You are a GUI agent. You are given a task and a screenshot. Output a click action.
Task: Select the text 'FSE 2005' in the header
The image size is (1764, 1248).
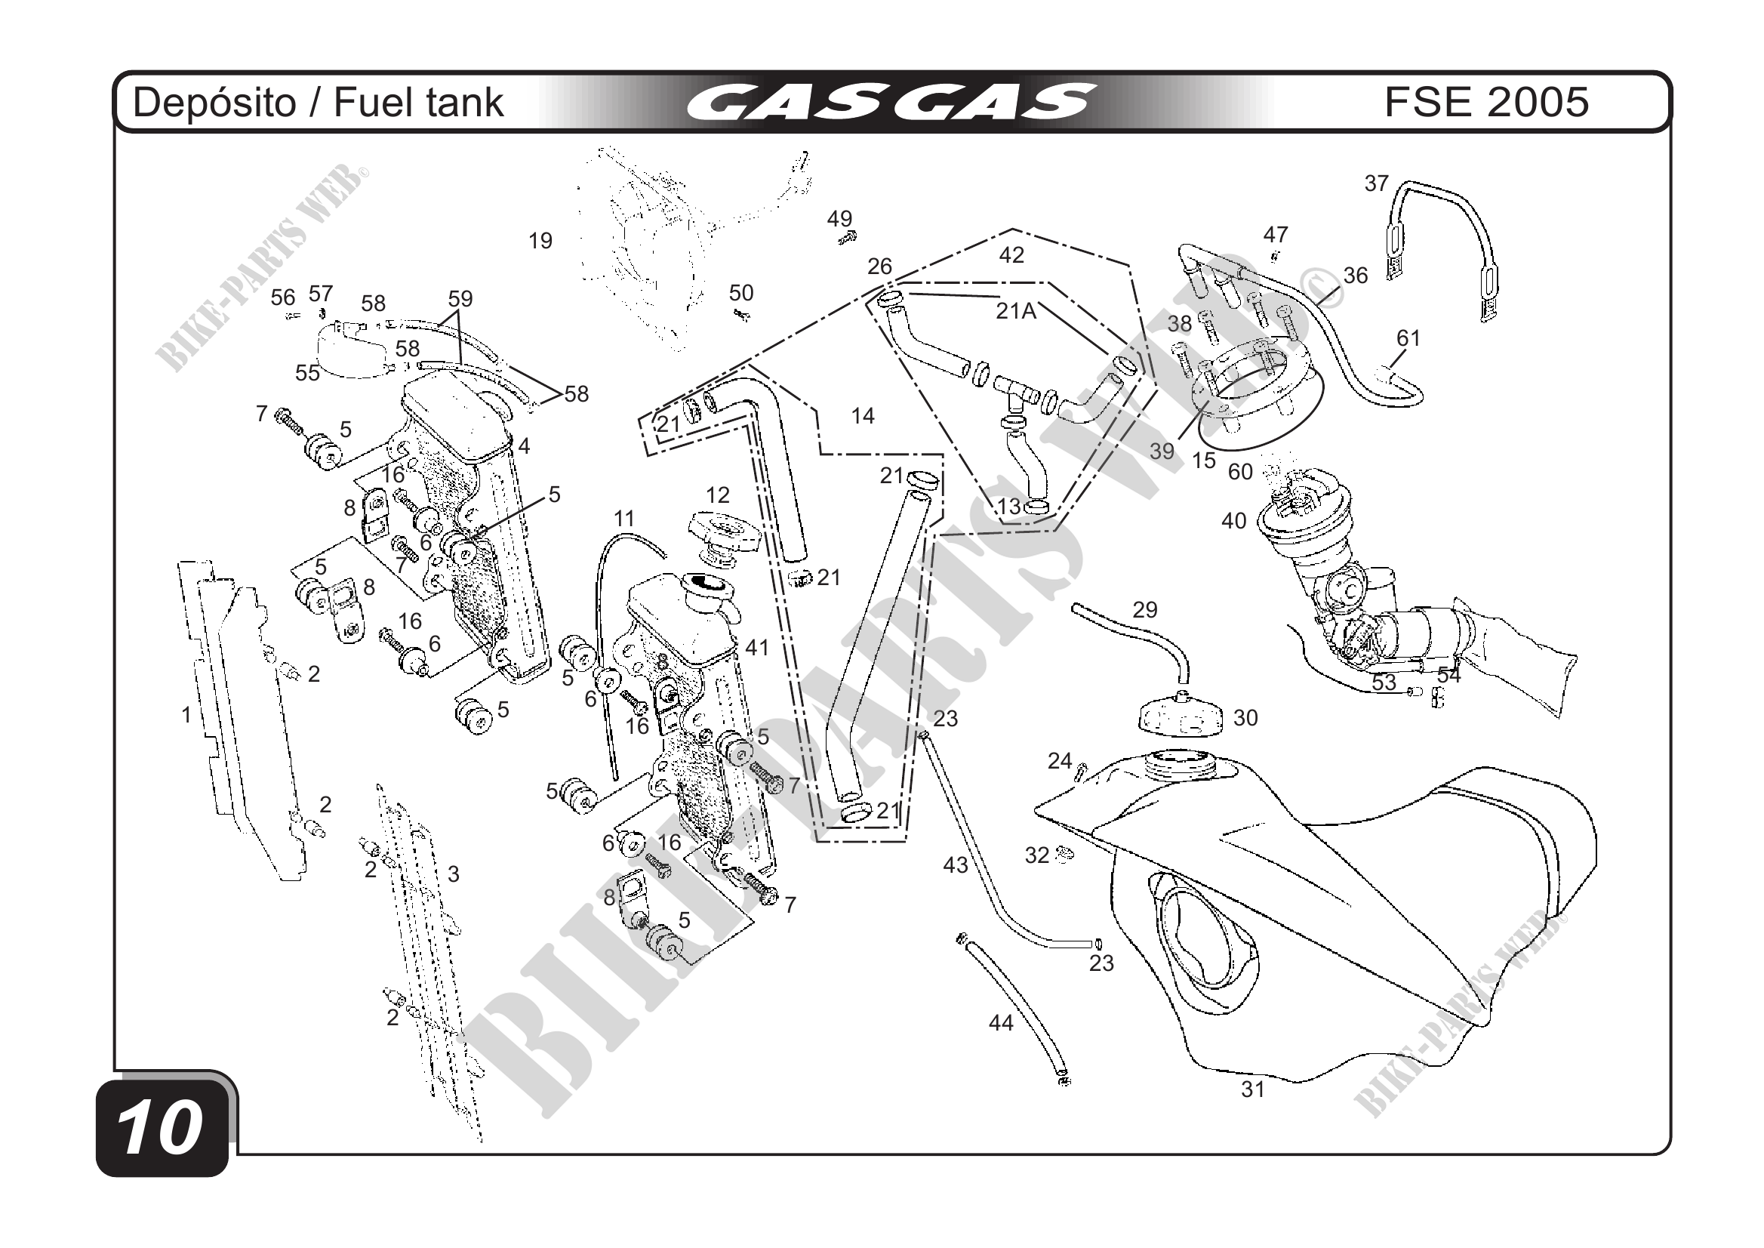tap(1486, 102)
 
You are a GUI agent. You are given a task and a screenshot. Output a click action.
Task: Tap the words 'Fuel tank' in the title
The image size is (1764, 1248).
tap(420, 103)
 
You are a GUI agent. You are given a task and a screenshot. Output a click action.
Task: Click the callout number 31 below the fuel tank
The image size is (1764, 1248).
tap(1252, 1089)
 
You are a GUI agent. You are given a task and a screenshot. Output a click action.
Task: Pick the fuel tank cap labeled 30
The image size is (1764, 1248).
tap(1181, 717)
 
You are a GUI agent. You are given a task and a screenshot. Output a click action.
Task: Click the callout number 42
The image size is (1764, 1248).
tap(1011, 255)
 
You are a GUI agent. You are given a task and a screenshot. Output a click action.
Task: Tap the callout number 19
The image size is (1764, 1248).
tap(540, 242)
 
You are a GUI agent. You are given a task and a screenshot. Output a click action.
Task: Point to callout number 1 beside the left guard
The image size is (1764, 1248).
tap(186, 716)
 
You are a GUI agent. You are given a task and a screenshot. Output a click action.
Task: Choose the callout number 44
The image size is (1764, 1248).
tap(1000, 1023)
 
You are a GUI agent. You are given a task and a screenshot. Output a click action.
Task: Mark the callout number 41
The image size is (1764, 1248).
tap(757, 648)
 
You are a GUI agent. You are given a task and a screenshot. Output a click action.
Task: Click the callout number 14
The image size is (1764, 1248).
tap(863, 416)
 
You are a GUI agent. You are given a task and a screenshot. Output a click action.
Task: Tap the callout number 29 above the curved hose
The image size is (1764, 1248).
tap(1144, 609)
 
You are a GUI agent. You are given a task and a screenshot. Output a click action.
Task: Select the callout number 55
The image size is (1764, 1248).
tap(307, 373)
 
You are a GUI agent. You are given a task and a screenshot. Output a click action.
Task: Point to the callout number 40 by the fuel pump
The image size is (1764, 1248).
tap(1233, 521)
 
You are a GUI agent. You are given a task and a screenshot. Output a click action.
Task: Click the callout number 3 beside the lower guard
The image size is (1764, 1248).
tap(454, 874)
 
